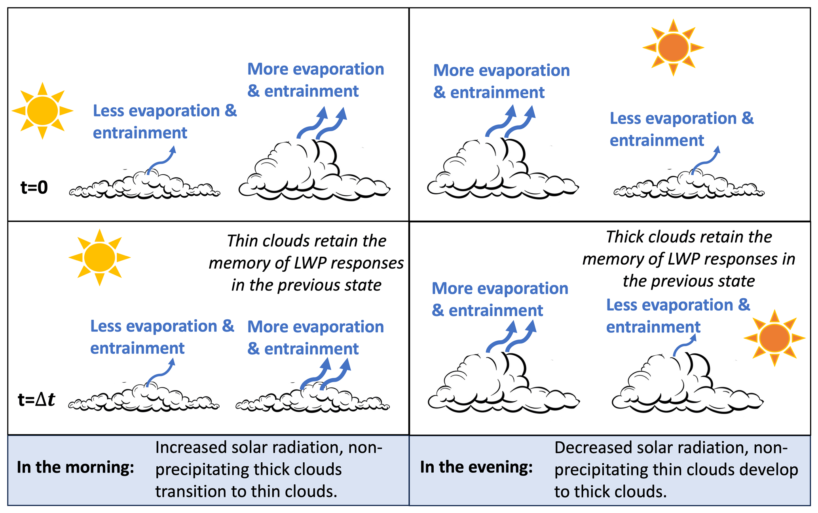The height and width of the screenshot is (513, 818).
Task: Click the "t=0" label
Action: click(34, 187)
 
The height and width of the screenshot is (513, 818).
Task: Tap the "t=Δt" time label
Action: click(36, 399)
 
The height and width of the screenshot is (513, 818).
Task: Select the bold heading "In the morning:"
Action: click(75, 467)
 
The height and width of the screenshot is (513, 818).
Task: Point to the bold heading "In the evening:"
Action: click(476, 467)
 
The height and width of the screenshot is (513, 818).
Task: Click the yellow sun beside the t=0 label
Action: click(42, 111)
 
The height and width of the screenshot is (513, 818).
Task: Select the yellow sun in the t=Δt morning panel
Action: click(99, 257)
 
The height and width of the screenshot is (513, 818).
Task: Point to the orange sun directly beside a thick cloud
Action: click(774, 338)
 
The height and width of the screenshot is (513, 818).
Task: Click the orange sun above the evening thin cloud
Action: click(673, 48)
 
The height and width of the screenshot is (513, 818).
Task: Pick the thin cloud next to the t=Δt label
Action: click(144, 398)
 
